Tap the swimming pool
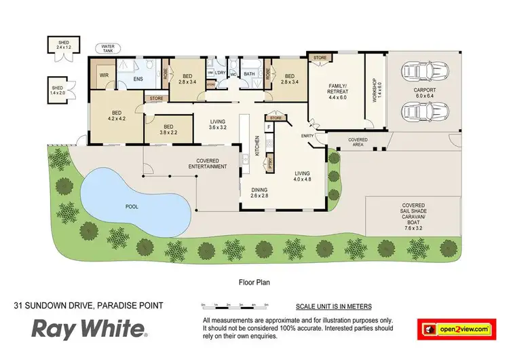132,202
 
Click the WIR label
104,75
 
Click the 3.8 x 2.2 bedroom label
169,128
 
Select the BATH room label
248,75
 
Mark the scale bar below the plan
238,306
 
